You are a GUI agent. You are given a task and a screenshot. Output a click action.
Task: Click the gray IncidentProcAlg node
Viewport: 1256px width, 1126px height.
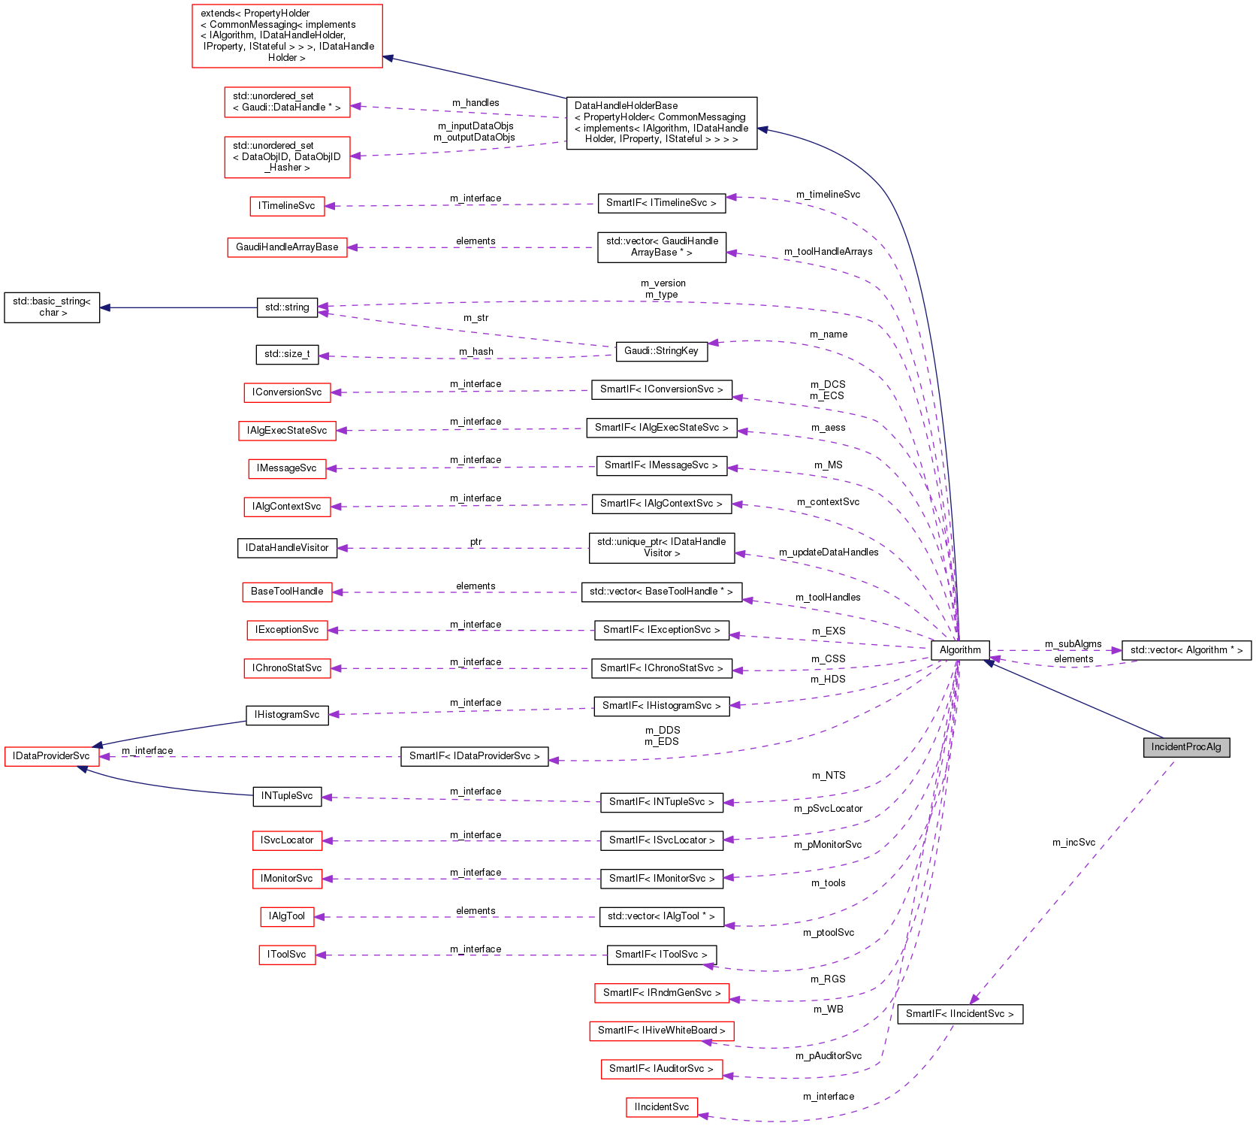point(1186,747)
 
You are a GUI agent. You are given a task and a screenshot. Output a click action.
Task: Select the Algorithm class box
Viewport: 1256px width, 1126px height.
point(960,650)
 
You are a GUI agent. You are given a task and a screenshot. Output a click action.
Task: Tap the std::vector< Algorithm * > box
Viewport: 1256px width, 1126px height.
point(1186,650)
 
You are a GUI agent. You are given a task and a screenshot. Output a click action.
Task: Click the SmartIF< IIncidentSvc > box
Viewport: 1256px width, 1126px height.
point(960,1014)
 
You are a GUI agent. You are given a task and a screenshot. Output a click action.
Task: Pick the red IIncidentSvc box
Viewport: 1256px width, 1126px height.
point(661,1107)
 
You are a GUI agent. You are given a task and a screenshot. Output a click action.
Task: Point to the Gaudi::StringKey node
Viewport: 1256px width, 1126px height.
point(661,351)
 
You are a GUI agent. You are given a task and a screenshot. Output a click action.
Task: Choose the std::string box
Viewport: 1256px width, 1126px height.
point(287,307)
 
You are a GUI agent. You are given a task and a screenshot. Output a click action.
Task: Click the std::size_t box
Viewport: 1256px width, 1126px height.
point(287,354)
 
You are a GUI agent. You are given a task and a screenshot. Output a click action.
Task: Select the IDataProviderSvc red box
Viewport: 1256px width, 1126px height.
point(51,756)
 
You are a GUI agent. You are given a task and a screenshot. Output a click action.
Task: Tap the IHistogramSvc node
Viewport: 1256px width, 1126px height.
point(287,715)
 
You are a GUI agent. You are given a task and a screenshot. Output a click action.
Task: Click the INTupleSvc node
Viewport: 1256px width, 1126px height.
point(287,796)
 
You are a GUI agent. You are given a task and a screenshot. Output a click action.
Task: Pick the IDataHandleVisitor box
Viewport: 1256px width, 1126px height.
point(287,548)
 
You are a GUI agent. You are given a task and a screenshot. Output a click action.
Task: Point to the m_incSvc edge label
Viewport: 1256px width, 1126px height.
point(1073,843)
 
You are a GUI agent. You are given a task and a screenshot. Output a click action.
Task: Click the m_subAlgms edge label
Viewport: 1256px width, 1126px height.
point(1073,644)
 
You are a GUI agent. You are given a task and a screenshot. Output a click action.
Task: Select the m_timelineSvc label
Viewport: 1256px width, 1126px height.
point(828,195)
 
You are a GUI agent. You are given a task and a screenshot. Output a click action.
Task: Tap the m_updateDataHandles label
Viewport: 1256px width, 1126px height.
point(829,552)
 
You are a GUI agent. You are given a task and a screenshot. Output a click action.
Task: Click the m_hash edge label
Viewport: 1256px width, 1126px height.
point(476,352)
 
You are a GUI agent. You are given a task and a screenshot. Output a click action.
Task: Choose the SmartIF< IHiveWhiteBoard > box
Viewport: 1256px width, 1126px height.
point(661,1031)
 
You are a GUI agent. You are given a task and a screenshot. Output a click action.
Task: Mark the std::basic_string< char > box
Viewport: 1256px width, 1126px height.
point(52,307)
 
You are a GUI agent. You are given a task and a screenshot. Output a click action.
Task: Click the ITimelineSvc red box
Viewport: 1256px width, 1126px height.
point(287,206)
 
